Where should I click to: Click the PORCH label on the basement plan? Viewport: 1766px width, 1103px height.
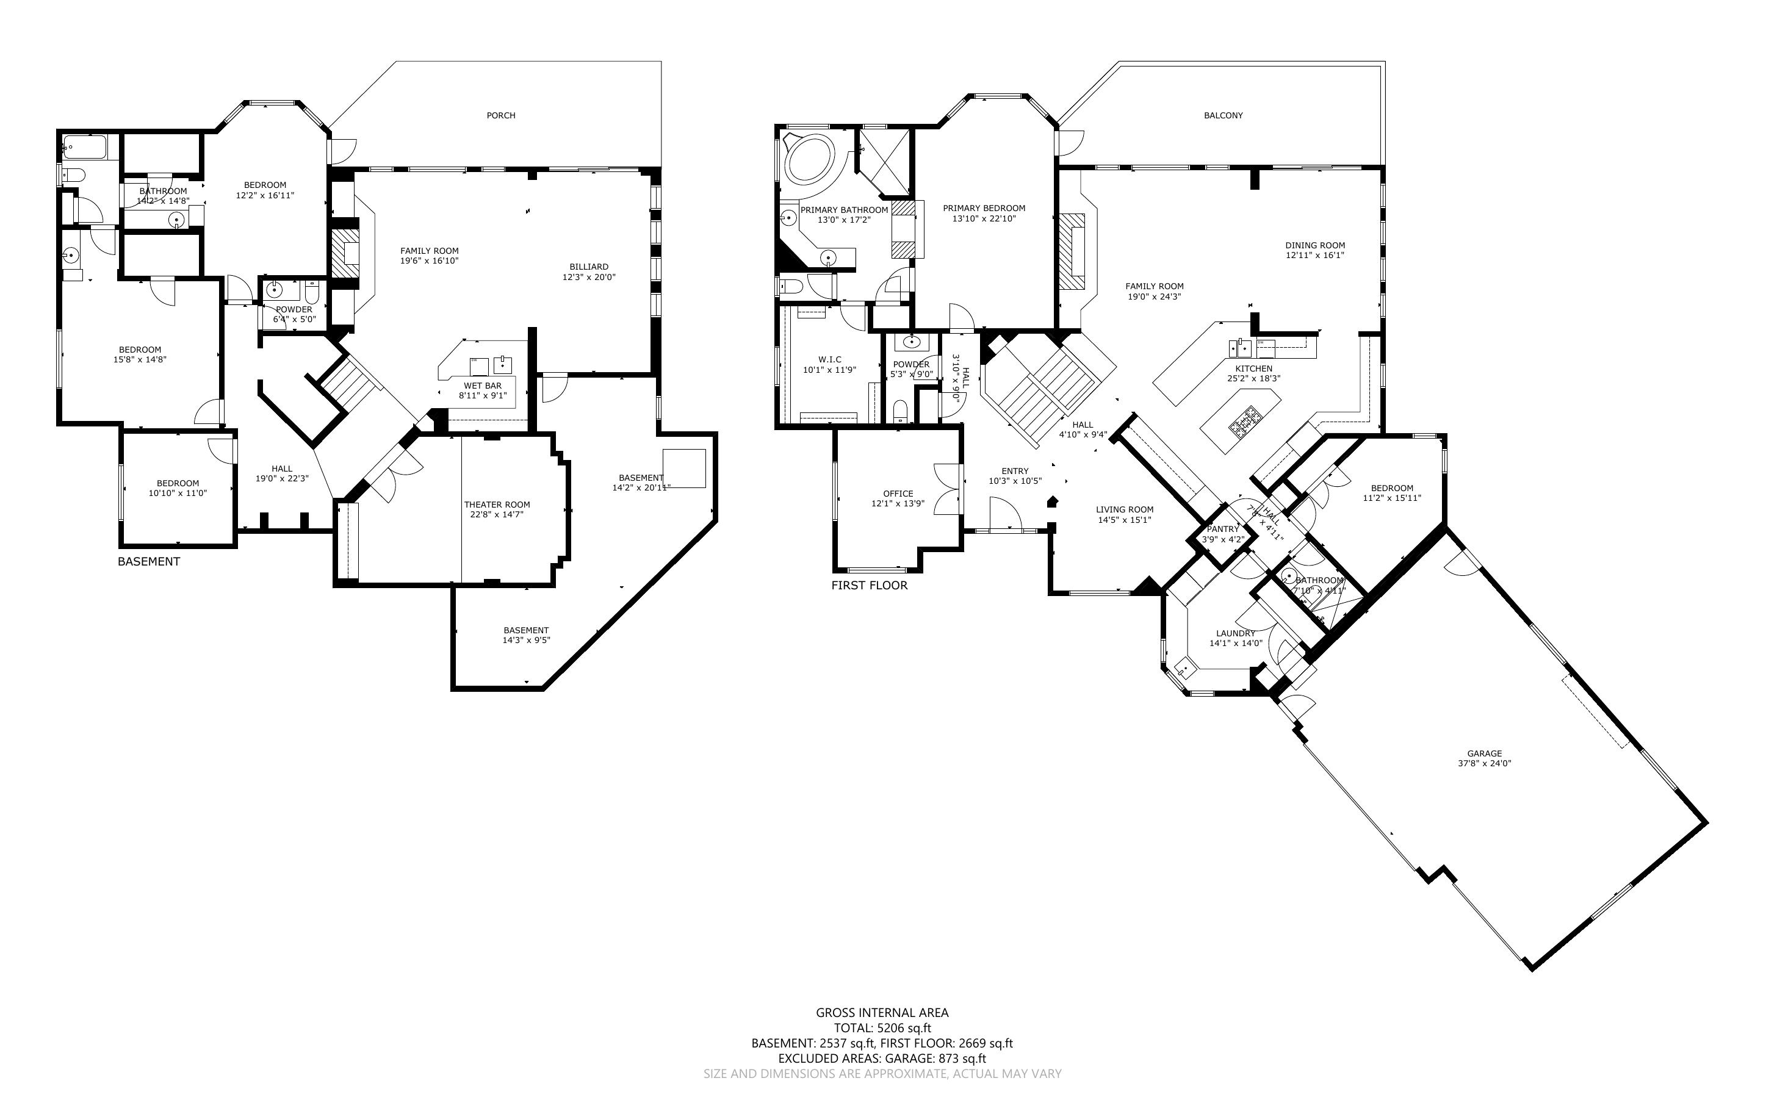500,115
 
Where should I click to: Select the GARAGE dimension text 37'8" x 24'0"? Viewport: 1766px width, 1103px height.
1485,764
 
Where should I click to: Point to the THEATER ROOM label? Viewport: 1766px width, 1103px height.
497,504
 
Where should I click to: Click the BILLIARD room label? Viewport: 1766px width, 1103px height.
589,267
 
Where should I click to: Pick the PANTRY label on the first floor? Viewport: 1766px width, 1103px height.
1222,529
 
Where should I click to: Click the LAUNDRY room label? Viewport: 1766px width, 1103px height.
1236,633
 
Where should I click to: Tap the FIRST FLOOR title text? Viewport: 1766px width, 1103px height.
869,585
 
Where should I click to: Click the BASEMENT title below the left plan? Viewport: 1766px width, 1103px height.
148,561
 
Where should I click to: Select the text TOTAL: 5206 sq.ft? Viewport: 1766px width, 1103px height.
882,1029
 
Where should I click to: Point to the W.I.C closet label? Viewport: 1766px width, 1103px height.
829,360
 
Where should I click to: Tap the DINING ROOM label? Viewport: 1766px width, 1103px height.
1314,245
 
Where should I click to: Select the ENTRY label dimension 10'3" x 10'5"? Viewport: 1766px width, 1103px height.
1015,481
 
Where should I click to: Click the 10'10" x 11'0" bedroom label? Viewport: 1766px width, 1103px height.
178,493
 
